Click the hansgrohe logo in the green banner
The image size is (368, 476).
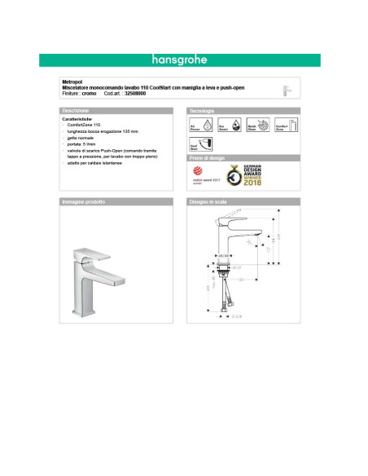coord(181,59)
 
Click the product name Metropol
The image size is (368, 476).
coord(71,82)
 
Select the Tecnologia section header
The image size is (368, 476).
coord(202,109)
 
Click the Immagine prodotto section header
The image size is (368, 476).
coord(83,201)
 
